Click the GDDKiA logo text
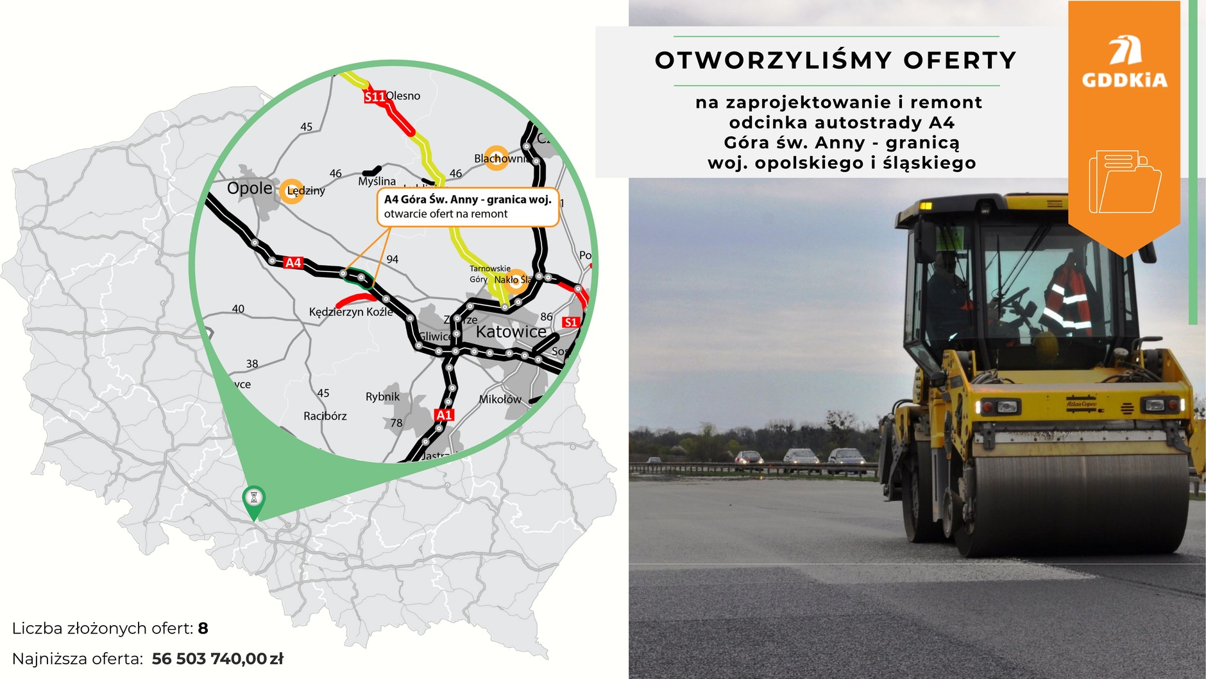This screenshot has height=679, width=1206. [1124, 80]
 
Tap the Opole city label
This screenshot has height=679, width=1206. [250, 188]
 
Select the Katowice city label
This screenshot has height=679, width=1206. [511, 332]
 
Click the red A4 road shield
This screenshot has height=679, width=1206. [293, 262]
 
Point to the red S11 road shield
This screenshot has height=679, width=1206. [375, 97]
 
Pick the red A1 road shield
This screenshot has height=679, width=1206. [444, 415]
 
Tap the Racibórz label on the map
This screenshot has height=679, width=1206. [325, 416]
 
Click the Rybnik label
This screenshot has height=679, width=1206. [382, 397]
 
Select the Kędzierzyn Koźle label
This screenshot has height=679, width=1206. [350, 312]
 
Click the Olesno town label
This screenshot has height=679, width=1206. [403, 96]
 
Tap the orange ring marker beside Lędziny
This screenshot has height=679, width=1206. [292, 191]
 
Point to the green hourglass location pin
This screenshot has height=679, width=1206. [254, 499]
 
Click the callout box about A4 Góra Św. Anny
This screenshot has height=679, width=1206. [468, 207]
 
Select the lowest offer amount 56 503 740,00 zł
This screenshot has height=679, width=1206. [217, 658]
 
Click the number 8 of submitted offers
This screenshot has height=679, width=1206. [203, 628]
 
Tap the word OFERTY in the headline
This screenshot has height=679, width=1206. [960, 60]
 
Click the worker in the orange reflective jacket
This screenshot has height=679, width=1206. [1068, 295]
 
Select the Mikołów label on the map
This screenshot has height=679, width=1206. [500, 399]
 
